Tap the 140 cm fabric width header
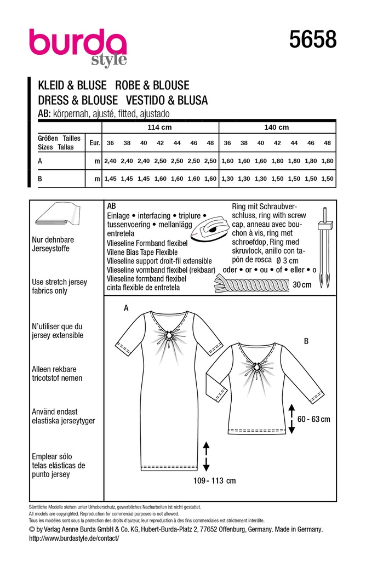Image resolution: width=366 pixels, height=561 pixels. pos(277,127)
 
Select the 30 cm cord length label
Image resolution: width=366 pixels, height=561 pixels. pos(301,285)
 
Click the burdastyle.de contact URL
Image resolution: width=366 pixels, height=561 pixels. pos(73,539)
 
